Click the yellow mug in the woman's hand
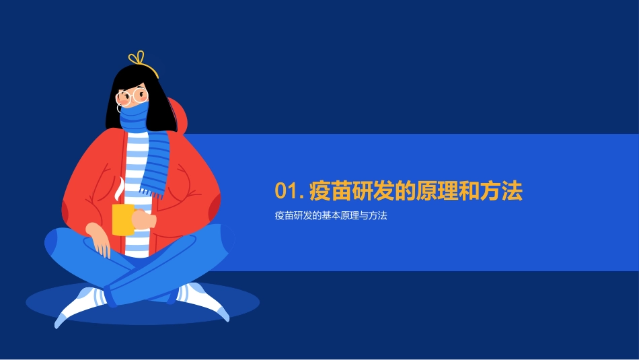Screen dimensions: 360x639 click(x=122, y=219)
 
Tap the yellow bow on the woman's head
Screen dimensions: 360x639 click(x=138, y=59)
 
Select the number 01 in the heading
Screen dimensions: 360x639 click(x=286, y=192)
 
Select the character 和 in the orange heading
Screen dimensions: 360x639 click(x=470, y=192)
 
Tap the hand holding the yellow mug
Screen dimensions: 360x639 click(x=143, y=220)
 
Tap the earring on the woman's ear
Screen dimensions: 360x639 click(x=119, y=108)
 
